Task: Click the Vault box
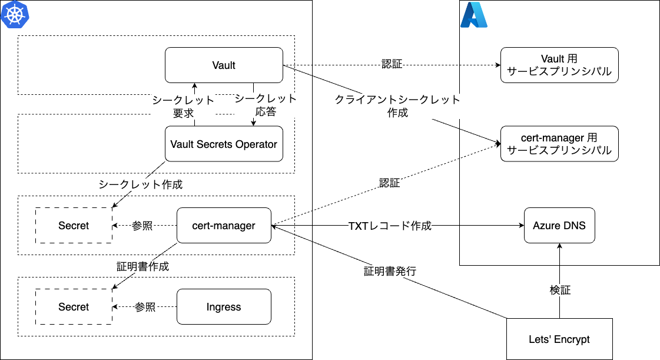(x=224, y=65)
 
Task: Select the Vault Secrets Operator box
(x=224, y=144)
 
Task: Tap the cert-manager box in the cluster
(x=224, y=225)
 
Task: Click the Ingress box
(x=224, y=306)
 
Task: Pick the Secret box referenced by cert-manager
(x=74, y=225)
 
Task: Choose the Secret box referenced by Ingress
(x=74, y=306)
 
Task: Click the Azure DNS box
(x=559, y=225)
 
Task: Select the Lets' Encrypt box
(x=559, y=339)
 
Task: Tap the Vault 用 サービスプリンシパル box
(x=559, y=65)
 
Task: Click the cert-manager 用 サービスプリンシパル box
(x=559, y=144)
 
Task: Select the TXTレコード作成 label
(x=390, y=226)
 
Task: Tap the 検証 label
(x=560, y=290)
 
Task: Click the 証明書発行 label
(x=390, y=272)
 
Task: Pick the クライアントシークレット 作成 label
(x=397, y=106)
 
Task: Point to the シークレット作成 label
(x=141, y=184)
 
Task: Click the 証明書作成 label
(x=143, y=266)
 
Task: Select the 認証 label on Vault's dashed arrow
(x=392, y=64)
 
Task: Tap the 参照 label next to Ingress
(x=145, y=307)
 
